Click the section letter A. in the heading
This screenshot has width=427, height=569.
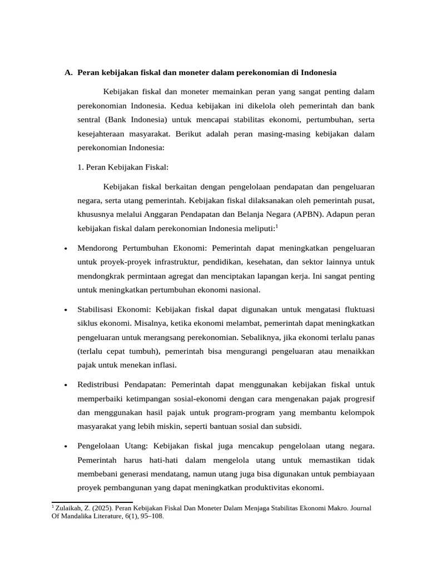[68, 72]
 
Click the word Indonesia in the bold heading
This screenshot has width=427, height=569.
[317, 72]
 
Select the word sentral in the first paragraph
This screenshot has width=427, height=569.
[89, 119]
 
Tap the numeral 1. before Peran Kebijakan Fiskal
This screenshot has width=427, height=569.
[81, 167]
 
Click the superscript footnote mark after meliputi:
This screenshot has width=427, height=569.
[276, 226]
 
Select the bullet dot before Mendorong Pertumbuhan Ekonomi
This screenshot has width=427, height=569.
[66, 248]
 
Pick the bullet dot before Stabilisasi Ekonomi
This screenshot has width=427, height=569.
[66, 310]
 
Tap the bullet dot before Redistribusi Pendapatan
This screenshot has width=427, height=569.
[66, 385]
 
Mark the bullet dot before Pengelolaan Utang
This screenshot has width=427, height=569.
[66, 446]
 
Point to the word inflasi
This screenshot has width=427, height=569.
[162, 365]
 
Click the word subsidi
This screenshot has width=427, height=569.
[287, 426]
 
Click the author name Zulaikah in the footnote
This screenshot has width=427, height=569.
[69, 508]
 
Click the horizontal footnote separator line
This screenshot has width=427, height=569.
[92, 502]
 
